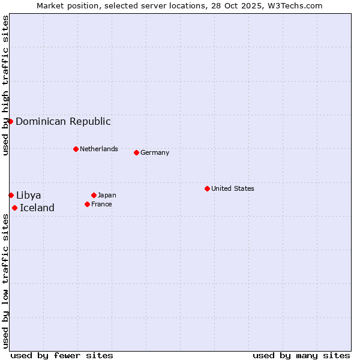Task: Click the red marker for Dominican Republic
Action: tap(10, 121)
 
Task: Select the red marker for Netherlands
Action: tap(76, 149)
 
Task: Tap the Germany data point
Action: tap(136, 152)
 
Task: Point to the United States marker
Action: tap(207, 188)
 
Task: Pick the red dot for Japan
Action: tap(94, 195)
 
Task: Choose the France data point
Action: tap(87, 204)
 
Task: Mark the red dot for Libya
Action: tap(11, 195)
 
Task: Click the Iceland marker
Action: tap(14, 208)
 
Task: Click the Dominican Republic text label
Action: tap(63, 121)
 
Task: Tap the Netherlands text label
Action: tap(99, 149)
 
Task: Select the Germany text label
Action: tap(155, 152)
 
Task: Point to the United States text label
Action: tap(233, 188)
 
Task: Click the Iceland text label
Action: tap(37, 208)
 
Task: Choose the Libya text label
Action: tap(29, 195)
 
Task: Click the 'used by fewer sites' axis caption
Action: tap(62, 355)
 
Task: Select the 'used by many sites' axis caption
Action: tap(301, 355)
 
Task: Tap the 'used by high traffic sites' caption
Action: tap(6, 85)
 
